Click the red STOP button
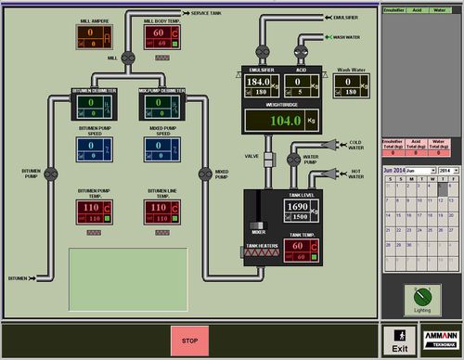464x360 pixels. click(189, 339)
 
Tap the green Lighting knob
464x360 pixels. click(422, 297)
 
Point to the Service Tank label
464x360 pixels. click(205, 14)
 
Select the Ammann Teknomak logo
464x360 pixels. click(439, 338)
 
